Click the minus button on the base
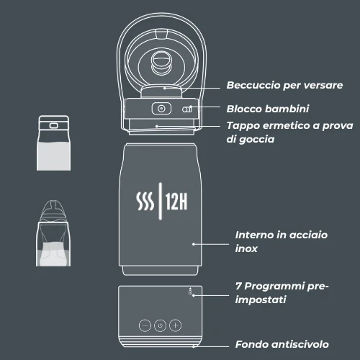[144, 325]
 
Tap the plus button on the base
[176, 325]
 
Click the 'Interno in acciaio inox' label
[271, 241]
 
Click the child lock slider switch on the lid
[188, 109]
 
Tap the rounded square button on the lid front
[161, 109]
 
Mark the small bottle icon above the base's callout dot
[189, 289]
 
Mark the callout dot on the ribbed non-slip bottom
[194, 345]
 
